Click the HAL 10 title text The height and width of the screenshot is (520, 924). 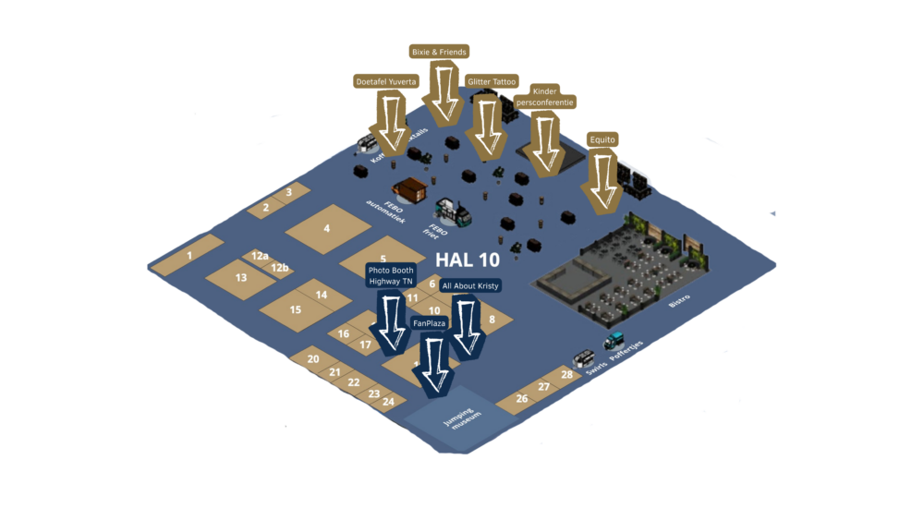click(x=467, y=261)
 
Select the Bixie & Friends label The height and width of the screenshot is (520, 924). click(x=438, y=52)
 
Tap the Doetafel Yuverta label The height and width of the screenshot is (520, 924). click(x=387, y=81)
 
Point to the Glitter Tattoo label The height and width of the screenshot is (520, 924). click(x=492, y=81)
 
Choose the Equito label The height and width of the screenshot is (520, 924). click(x=602, y=139)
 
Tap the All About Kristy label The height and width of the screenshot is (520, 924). click(x=469, y=286)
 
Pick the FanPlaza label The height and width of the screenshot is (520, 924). click(x=428, y=322)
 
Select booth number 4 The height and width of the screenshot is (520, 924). click(x=326, y=228)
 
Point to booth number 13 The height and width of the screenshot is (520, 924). click(x=241, y=277)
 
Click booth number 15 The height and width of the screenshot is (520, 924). click(x=296, y=309)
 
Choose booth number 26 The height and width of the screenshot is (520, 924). click(x=522, y=399)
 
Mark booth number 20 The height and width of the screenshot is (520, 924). click(x=313, y=359)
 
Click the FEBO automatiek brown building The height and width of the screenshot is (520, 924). click(x=408, y=190)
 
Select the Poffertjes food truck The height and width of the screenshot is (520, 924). click(x=614, y=342)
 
